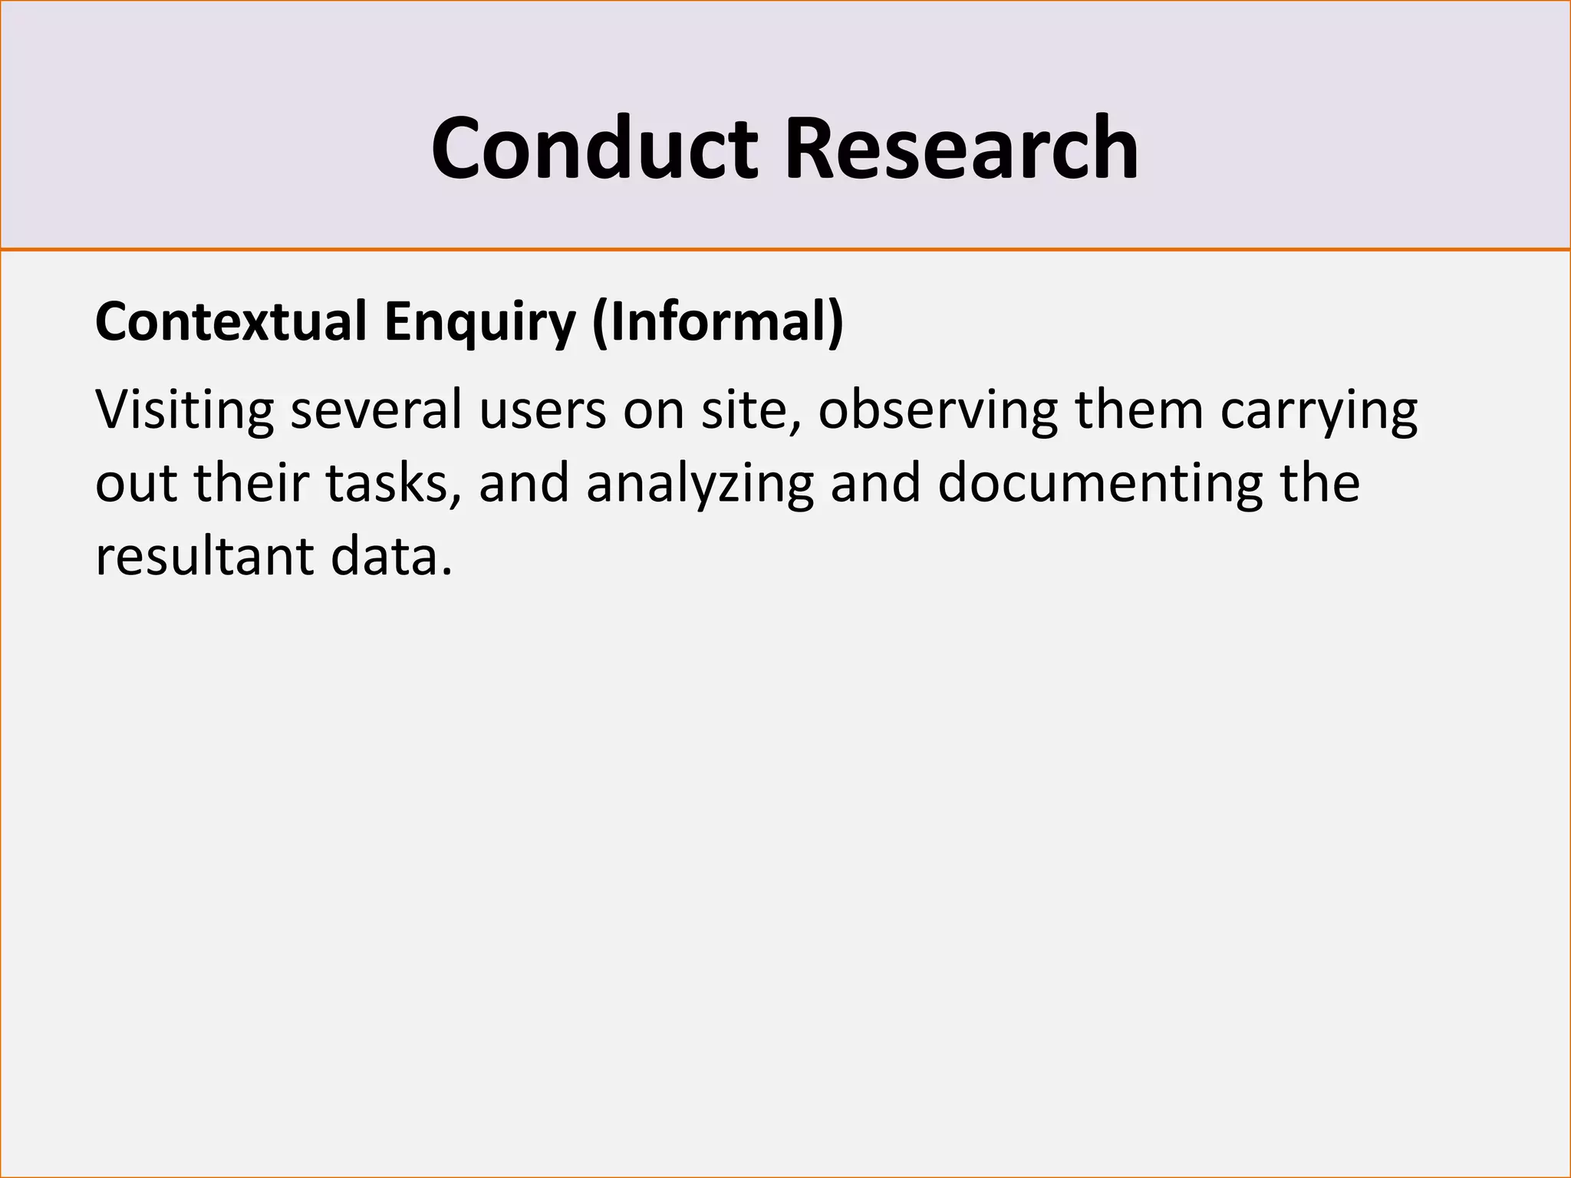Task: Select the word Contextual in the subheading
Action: [x=231, y=321]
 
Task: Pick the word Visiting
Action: [x=184, y=410]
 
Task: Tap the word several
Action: [x=377, y=410]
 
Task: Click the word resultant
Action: [x=203, y=556]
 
